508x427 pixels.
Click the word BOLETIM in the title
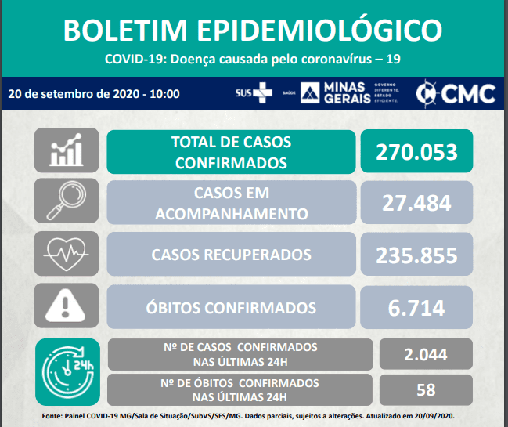[x=125, y=30]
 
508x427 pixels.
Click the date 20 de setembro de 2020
[x=74, y=94]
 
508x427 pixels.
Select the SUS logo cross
[x=262, y=92]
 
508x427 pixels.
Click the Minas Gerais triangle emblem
[x=310, y=92]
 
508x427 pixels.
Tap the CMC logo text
[x=468, y=94]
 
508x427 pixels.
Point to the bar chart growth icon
[x=67, y=150]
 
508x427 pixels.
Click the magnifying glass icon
[x=67, y=201]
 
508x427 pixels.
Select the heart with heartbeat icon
[x=66, y=254]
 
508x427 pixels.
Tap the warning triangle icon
[x=65, y=305]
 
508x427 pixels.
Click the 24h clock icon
[x=68, y=372]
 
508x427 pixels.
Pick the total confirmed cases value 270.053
[x=416, y=152]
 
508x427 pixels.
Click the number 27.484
[x=416, y=203]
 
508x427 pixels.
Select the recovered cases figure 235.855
[x=416, y=255]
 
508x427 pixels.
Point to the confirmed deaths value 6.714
[x=416, y=308]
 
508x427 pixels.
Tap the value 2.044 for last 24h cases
[x=426, y=354]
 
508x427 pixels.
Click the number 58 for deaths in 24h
[x=426, y=389]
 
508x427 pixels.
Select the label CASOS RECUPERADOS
[x=232, y=255]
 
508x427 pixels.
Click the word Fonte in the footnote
[x=52, y=416]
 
